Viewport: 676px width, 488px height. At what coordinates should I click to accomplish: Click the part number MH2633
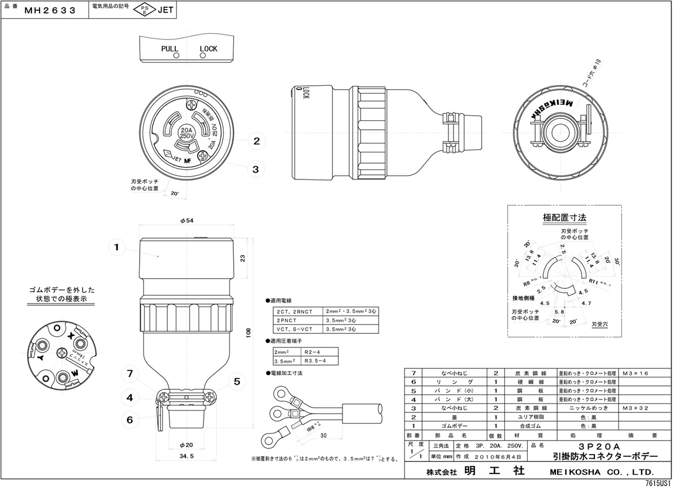tap(51, 10)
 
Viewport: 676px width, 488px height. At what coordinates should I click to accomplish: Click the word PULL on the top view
tap(170, 49)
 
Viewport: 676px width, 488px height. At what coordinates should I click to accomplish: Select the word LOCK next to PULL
tap(208, 49)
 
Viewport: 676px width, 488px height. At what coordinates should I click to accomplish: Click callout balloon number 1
tap(116, 247)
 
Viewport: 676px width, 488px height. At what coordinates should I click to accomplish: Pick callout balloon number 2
tap(256, 141)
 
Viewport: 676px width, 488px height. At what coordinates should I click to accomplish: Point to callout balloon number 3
tap(256, 169)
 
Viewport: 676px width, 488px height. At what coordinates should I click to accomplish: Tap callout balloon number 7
tap(130, 374)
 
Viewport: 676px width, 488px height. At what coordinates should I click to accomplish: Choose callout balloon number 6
tap(130, 419)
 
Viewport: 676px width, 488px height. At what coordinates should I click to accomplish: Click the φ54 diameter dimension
tap(186, 221)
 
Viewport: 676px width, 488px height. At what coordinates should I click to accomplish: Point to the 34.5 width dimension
tap(186, 455)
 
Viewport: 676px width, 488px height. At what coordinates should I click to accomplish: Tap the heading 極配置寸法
tap(564, 217)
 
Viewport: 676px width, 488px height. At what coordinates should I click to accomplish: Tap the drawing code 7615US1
tap(658, 483)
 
